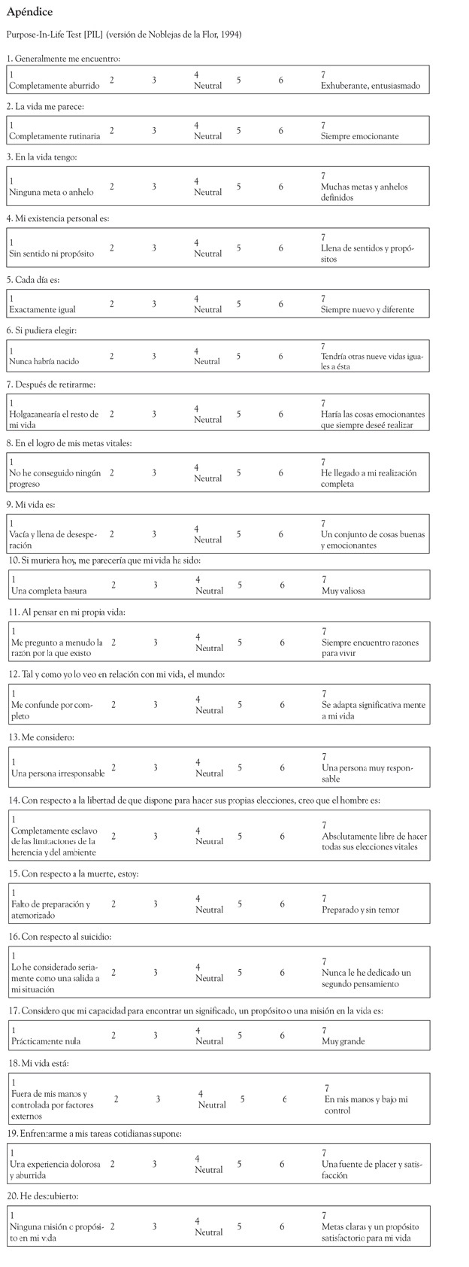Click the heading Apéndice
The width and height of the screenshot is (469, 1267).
(29, 12)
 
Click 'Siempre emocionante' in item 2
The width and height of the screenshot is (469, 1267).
(359, 136)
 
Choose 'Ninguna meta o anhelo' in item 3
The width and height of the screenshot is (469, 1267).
(51, 192)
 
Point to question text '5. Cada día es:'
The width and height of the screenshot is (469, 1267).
(33, 279)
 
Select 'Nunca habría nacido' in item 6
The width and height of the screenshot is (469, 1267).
(45, 361)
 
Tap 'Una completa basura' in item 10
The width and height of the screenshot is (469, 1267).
(49, 591)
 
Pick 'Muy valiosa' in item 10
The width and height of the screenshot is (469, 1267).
(343, 591)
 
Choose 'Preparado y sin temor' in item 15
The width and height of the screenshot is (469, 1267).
(360, 910)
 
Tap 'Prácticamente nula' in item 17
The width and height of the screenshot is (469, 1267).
(46, 1041)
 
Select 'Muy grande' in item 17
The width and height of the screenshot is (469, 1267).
(343, 1041)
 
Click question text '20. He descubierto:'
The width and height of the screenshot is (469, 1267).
(44, 1196)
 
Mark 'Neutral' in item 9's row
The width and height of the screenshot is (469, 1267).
(207, 539)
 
